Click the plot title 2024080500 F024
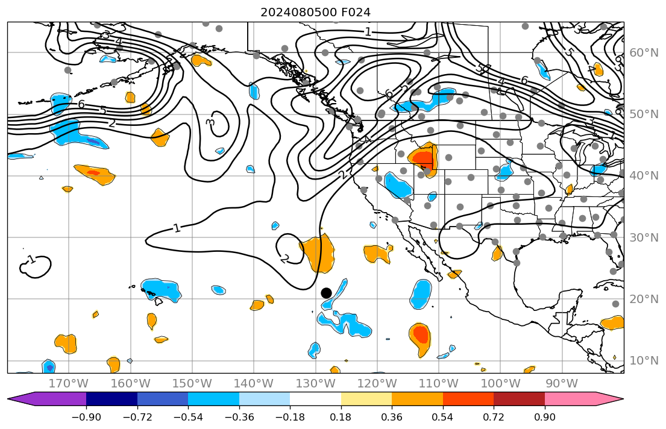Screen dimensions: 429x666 click(315, 12)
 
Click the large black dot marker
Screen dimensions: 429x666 click(326, 293)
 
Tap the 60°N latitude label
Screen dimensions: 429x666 click(644, 52)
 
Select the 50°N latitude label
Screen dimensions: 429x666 click(644, 114)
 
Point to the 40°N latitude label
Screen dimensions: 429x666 click(644, 175)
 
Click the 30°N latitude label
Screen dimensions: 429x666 click(644, 237)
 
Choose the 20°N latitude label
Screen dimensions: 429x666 click(644, 299)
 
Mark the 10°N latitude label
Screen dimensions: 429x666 click(644, 360)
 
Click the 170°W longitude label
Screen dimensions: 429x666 click(69, 384)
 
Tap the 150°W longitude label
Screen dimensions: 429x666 click(192, 384)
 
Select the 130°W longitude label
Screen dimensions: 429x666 click(316, 384)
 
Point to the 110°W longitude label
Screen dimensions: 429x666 click(439, 384)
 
